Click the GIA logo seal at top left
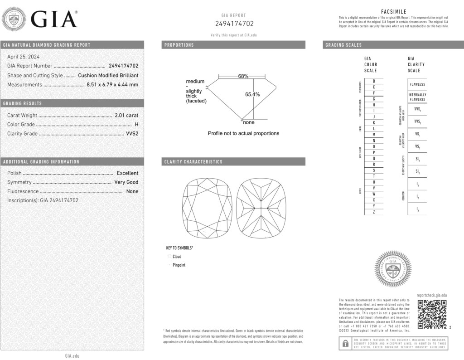pyautogui.click(x=14, y=19)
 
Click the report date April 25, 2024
pyautogui.click(x=23, y=57)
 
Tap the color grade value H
pyautogui.click(x=136, y=124)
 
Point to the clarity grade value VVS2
pyautogui.click(x=132, y=134)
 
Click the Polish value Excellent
pyautogui.click(x=127, y=173)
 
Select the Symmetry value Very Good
pyautogui.click(x=126, y=182)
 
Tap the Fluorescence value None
pyautogui.click(x=132, y=191)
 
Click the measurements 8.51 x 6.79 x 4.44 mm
pyautogui.click(x=112, y=84)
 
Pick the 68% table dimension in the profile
pyautogui.click(x=243, y=76)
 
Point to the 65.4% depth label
pyautogui.click(x=252, y=94)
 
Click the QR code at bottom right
pyautogui.click(x=432, y=314)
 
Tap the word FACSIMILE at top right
pyautogui.click(x=394, y=12)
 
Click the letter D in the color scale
pyautogui.click(x=373, y=81)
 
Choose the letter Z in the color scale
pyautogui.click(x=373, y=212)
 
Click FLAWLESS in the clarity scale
pyautogui.click(x=417, y=84)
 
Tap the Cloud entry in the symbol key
pyautogui.click(x=177, y=257)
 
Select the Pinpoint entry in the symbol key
pyautogui.click(x=179, y=265)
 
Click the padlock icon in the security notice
pyautogui.click(x=345, y=343)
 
